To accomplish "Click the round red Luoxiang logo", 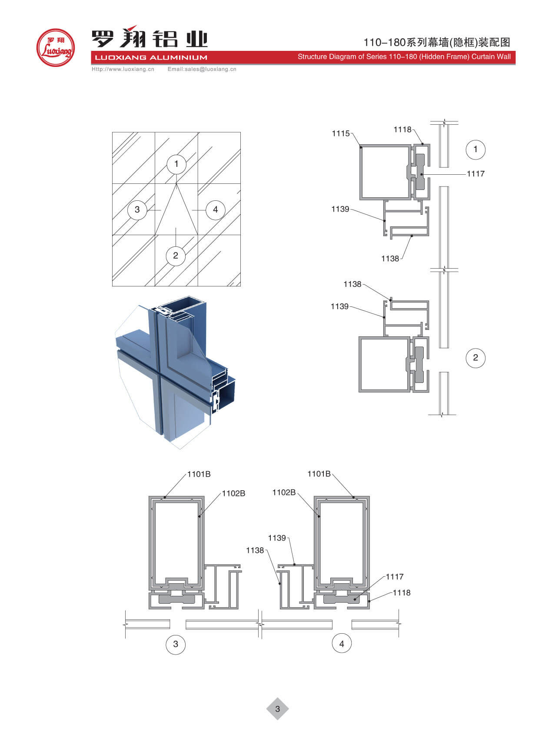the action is coord(56,48).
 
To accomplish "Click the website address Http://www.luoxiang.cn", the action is coord(123,69).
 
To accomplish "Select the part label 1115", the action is coord(340,133).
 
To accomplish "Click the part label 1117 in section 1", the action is coord(475,174).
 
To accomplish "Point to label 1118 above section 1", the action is coord(402,130).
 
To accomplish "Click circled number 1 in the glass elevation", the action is coord(176,164).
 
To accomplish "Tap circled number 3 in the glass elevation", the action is coord(137,209).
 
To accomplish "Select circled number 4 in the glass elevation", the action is coord(215,209).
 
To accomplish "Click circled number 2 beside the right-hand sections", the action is coord(475,358).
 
